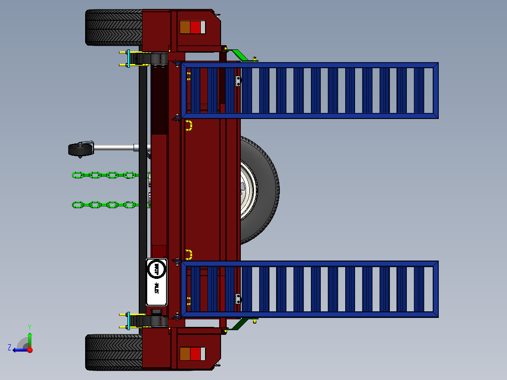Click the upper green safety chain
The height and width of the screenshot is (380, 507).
(103, 175)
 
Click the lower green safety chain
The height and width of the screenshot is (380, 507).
(103, 205)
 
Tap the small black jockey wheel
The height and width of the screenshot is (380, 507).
(80, 150)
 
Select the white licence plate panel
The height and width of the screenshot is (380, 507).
(157, 282)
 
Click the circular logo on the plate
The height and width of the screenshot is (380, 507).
(157, 269)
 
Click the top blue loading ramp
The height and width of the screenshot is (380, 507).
(310, 90)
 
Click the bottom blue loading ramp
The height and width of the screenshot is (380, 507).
(310, 289)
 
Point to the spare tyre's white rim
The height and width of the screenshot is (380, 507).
(247, 190)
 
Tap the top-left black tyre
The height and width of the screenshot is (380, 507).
(113, 28)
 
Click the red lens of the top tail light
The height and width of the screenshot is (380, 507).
(195, 27)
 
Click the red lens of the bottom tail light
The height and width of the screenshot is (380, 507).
(195, 354)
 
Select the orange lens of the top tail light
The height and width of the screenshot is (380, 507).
(185, 27)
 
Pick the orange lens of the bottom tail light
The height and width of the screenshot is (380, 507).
(185, 354)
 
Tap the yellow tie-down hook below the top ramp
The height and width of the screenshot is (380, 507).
(189, 125)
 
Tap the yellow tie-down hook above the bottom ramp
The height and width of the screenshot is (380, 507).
(189, 254)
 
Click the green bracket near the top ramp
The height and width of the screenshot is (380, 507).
(240, 55)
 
